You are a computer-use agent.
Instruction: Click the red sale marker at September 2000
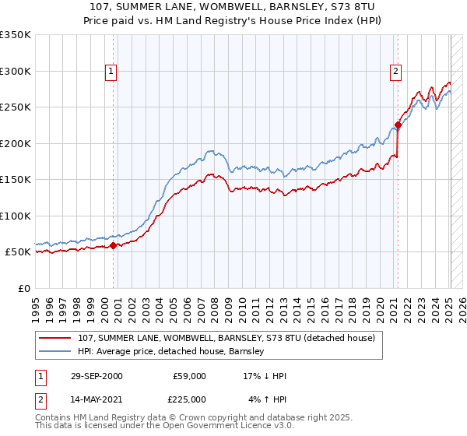pyautogui.click(x=114, y=245)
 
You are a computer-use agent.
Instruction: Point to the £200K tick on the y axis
pyautogui.click(x=16, y=143)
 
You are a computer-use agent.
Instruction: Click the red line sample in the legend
pyautogui.click(x=55, y=338)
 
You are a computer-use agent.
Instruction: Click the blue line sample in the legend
pyautogui.click(x=55, y=351)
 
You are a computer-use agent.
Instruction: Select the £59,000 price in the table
pyautogui.click(x=189, y=376)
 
